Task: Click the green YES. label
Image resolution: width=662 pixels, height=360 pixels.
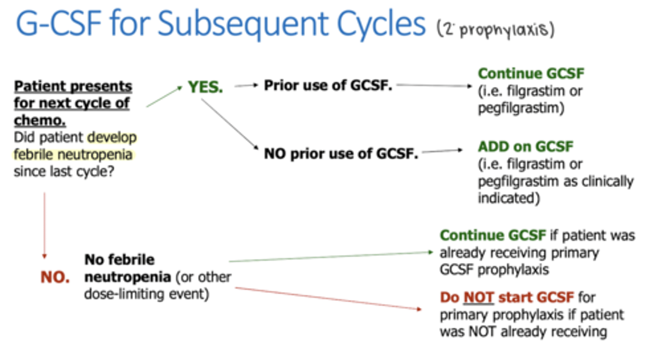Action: [205, 87]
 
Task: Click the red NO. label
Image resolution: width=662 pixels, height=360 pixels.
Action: [55, 278]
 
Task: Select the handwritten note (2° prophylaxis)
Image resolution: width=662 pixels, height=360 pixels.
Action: [496, 30]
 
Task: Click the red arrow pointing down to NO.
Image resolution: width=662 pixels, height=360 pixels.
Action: [45, 225]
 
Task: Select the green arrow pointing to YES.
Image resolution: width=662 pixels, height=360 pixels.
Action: [164, 97]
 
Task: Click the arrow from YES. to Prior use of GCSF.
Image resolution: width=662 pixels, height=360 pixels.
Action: [246, 86]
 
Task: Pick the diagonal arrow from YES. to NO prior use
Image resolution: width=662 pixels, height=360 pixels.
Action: [228, 125]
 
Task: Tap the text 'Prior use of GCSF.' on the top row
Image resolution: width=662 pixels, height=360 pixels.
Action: [328, 86]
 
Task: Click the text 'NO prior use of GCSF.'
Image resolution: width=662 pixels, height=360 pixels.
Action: [341, 154]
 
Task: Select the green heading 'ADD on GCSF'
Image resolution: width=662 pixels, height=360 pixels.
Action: [525, 147]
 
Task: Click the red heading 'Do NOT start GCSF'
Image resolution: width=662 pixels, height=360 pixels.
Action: [507, 297]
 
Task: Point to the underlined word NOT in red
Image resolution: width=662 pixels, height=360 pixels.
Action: [478, 297]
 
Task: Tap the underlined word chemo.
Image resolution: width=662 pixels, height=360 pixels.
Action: [40, 121]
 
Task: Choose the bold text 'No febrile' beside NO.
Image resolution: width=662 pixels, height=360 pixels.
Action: [120, 259]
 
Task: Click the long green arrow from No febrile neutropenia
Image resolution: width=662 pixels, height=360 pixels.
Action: [331, 257]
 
